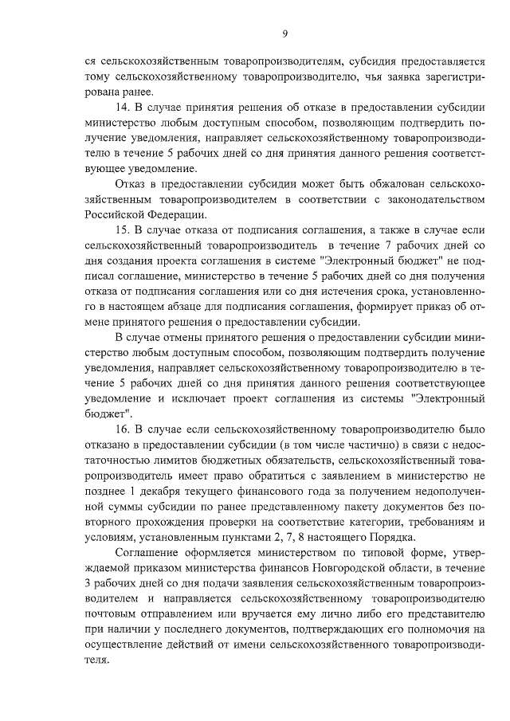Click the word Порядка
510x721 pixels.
tap(390, 538)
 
